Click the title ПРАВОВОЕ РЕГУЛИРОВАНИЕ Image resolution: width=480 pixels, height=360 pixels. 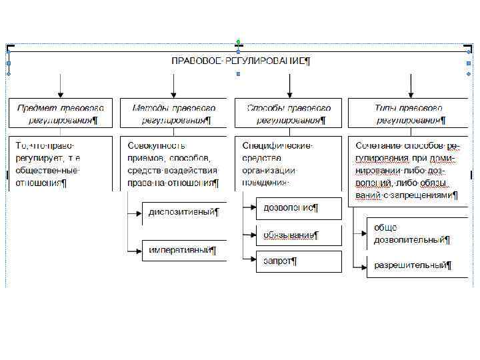pyautogui.click(x=241, y=61)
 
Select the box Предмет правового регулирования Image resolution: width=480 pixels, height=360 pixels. pyautogui.click(x=61, y=113)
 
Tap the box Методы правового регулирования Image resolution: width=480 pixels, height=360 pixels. pyautogui.click(x=173, y=113)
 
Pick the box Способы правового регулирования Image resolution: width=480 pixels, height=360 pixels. pyautogui.click(x=288, y=113)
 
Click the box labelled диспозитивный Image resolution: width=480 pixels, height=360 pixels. pyautogui.click(x=184, y=213)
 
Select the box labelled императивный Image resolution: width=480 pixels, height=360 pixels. pyautogui.click(x=184, y=251)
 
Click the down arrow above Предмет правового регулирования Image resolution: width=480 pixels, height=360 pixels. pyautogui.click(x=61, y=87)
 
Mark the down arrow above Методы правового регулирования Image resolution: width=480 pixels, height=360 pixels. pyautogui.click(x=173, y=87)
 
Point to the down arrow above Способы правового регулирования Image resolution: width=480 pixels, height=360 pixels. pyautogui.click(x=289, y=87)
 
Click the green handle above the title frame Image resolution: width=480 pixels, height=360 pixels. pyautogui.click(x=238, y=41)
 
